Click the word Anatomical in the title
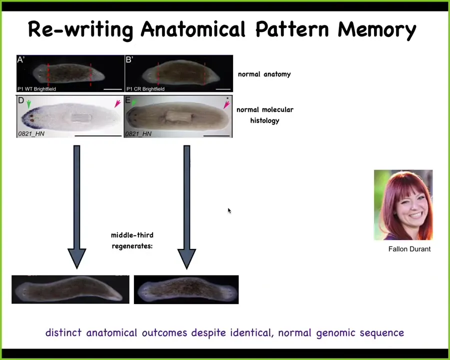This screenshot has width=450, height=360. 193,29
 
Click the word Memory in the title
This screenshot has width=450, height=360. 377,30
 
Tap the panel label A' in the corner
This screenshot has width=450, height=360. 21,59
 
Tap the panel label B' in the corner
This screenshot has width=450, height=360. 129,59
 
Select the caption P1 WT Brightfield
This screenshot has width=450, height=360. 36,89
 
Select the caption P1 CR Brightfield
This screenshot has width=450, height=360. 145,89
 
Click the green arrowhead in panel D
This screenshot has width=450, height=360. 28,104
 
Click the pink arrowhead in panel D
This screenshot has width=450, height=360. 117,103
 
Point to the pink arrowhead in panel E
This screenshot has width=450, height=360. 226,105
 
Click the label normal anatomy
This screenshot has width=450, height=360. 264,74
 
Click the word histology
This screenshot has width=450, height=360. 264,120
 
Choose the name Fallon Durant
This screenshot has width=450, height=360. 409,249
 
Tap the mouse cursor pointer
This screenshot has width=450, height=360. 229,210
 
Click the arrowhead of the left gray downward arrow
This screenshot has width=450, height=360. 76,258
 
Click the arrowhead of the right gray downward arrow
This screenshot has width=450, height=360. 186,258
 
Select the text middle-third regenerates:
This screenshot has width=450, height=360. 132,240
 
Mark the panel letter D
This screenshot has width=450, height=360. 21,100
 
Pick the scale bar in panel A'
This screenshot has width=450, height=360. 113,89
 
